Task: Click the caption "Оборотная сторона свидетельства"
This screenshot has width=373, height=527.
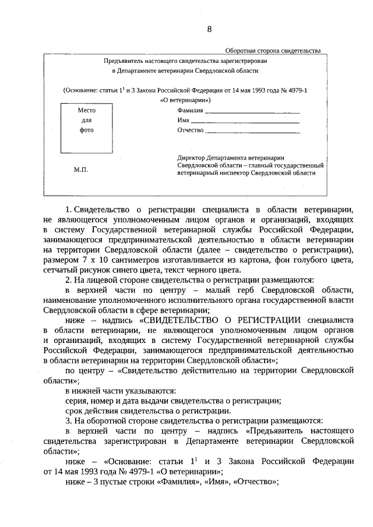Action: [x=273, y=51]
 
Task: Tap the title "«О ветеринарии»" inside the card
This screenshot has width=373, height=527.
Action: [x=185, y=100]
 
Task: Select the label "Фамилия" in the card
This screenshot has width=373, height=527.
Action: [x=190, y=110]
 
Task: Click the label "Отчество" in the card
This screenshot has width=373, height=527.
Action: [x=190, y=130]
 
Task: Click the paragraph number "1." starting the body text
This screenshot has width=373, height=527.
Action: [x=69, y=208]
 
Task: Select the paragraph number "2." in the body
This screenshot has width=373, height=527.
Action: [x=68, y=280]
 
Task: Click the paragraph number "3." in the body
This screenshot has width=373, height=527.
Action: [x=68, y=421]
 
